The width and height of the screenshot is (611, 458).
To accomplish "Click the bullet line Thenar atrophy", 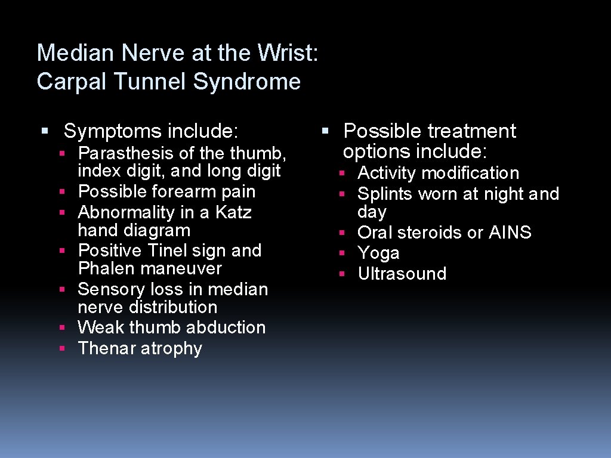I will (x=140, y=348).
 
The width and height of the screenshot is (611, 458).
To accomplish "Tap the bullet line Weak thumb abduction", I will (x=171, y=327).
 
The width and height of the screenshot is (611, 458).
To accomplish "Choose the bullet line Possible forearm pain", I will (x=166, y=191).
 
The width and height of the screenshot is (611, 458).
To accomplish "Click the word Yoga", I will (x=378, y=253).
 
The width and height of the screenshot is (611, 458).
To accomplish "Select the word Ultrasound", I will (x=402, y=274).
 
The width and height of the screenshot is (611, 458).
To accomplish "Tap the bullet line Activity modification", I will (x=438, y=174).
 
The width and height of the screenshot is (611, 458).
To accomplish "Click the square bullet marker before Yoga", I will (x=342, y=253).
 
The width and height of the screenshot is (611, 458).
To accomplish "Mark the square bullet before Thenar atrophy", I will (x=62, y=348).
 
